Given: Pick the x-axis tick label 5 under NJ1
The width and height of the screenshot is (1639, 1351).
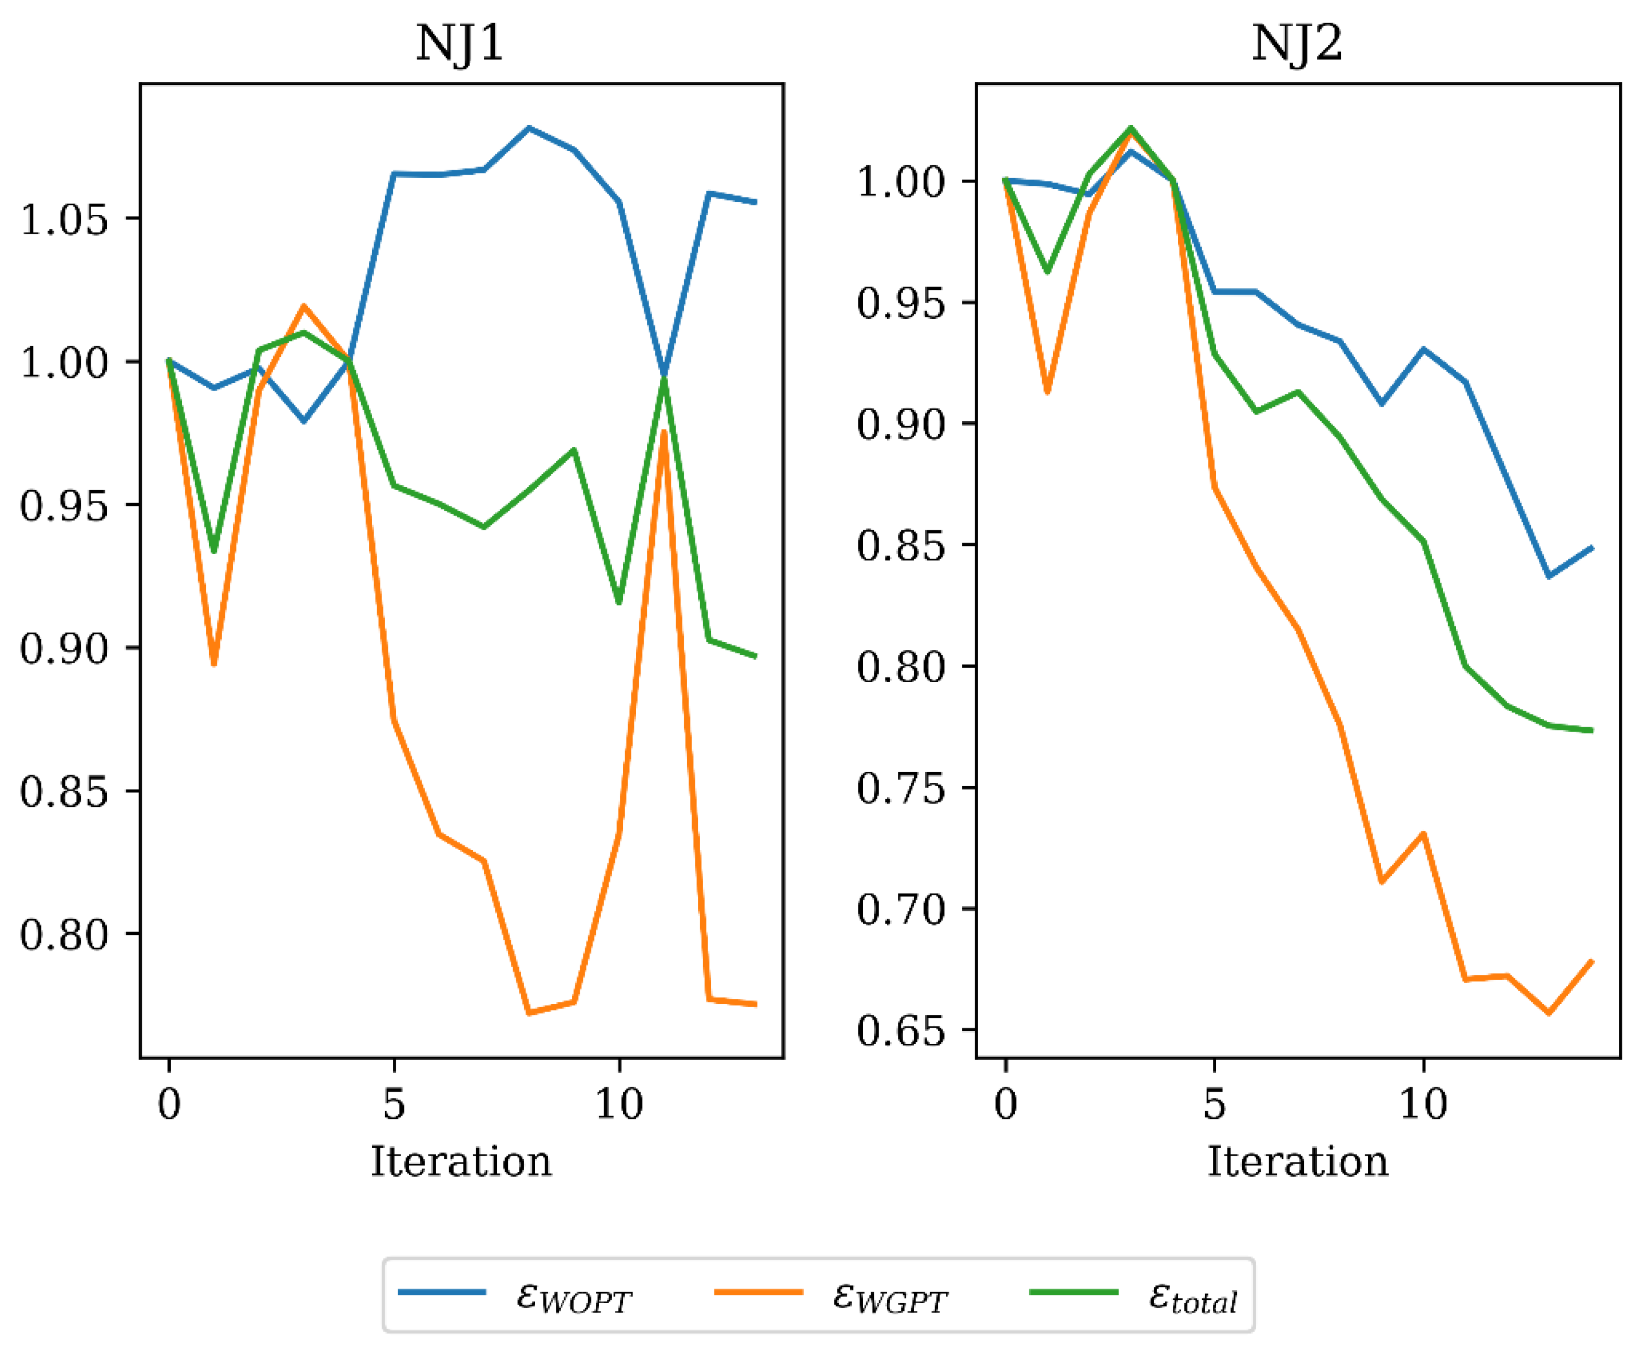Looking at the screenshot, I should click(394, 1103).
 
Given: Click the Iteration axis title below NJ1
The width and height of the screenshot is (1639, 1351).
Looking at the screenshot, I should click(461, 1162).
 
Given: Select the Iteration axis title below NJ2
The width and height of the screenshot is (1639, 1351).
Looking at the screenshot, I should click(1297, 1162).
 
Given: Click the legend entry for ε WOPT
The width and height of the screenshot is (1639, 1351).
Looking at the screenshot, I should click(574, 1296).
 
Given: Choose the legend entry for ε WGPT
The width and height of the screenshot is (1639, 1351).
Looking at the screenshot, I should click(890, 1296).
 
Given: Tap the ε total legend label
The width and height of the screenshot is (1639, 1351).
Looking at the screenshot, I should click(1192, 1296).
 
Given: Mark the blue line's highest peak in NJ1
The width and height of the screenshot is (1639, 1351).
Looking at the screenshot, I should click(529, 127).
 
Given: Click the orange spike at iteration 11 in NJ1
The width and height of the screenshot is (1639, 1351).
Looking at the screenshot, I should click(664, 431).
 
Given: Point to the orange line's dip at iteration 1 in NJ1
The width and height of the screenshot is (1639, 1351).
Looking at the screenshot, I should click(214, 664).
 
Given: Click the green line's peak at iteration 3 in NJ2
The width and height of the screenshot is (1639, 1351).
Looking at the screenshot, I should click(1131, 127).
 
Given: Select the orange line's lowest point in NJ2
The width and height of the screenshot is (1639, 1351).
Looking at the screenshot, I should click(1549, 1013).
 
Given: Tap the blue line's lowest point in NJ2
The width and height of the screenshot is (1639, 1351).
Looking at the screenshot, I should click(1549, 576).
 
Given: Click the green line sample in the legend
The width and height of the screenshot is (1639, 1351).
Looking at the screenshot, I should click(1074, 1292).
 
